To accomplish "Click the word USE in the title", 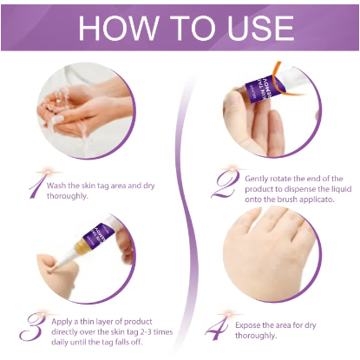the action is (x=260, y=28).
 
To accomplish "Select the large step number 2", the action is (x=226, y=184).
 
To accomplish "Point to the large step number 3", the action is (x=32, y=327).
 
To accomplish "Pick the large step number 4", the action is (x=217, y=328).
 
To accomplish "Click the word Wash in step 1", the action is (x=56, y=186).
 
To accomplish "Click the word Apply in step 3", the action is (x=62, y=322).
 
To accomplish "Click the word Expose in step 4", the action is (x=247, y=325).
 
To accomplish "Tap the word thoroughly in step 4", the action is (x=255, y=336).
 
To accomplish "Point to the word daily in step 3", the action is (x=60, y=343).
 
